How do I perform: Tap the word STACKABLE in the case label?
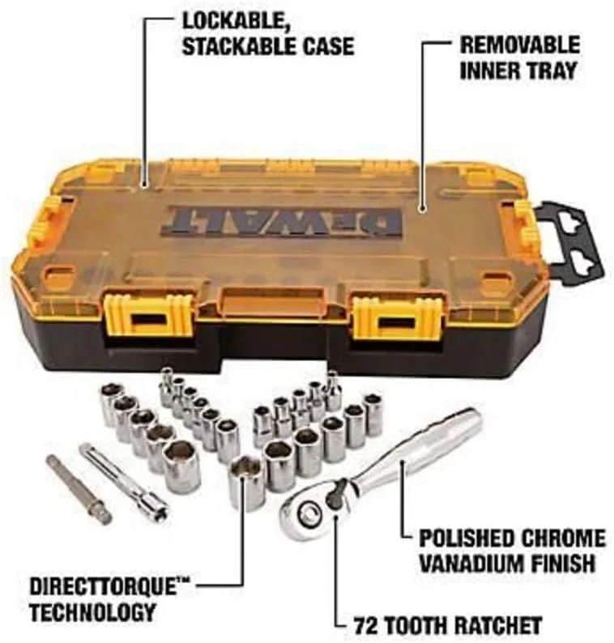click(x=237, y=46)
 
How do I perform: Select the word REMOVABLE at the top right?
click(x=520, y=45)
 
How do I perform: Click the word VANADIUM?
click(x=472, y=563)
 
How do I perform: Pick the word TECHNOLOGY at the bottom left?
click(x=92, y=613)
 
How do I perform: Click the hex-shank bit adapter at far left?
click(x=79, y=488)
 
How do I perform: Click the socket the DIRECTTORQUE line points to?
click(x=247, y=484)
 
